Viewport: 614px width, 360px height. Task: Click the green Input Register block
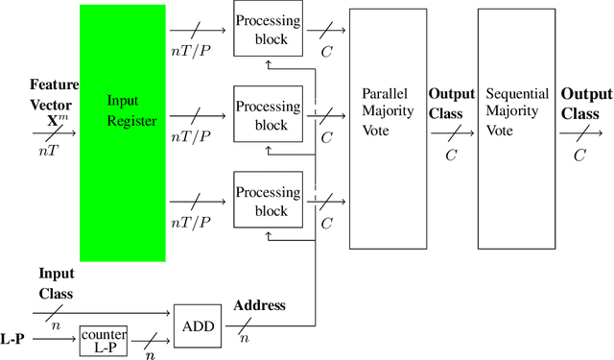pyautogui.click(x=123, y=132)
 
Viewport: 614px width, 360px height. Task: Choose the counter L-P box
pyautogui.click(x=103, y=340)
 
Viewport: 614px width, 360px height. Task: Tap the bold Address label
pyautogui.click(x=259, y=305)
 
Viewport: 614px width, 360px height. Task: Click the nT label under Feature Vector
pyautogui.click(x=47, y=150)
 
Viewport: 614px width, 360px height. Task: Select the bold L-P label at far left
pyautogui.click(x=13, y=339)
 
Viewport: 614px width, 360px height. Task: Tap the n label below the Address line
pyautogui.click(x=244, y=338)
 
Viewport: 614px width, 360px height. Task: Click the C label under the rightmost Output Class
pyautogui.click(x=579, y=154)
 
